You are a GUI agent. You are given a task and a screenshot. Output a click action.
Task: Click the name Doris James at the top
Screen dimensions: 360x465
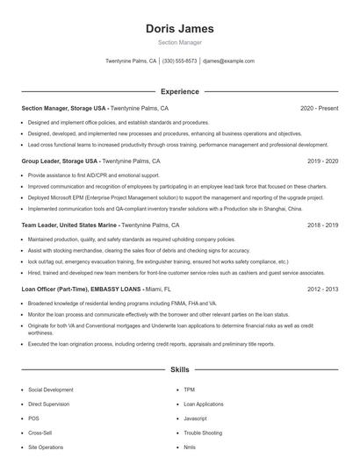coord(179,28)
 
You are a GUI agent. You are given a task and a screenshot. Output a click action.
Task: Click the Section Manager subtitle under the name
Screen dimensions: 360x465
coord(179,42)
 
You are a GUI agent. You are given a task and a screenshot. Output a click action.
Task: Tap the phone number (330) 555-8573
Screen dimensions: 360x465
coord(179,61)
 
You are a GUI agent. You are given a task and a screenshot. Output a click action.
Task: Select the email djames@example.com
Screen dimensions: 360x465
coord(227,61)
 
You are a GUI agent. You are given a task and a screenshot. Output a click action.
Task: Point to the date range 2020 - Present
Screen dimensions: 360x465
coord(319,109)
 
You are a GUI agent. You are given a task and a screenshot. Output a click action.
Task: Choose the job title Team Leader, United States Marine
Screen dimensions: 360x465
coord(69,225)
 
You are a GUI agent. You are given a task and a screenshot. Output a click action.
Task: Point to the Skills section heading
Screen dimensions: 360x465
coord(179,371)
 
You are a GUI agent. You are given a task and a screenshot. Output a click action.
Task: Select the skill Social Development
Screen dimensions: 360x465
coord(51,389)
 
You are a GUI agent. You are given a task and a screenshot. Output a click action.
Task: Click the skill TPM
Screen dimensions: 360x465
coord(189,389)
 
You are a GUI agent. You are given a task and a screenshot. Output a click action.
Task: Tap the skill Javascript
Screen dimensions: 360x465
coord(195,418)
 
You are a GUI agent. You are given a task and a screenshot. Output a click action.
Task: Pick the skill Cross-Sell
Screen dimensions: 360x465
coord(40,433)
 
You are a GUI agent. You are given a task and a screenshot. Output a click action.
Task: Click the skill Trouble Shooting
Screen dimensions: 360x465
coord(203,433)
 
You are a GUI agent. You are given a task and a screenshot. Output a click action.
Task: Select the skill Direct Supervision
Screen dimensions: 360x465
coord(49,404)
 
